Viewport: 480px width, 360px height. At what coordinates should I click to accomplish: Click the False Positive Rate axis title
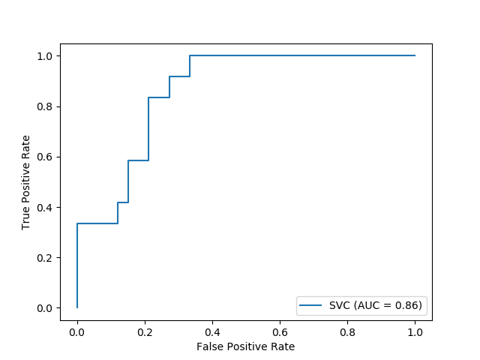point(245,346)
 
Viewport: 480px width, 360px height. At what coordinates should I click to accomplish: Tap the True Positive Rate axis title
point(25,182)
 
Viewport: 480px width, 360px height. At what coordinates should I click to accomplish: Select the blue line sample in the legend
point(311,304)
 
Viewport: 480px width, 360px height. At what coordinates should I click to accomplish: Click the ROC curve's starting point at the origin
point(77,307)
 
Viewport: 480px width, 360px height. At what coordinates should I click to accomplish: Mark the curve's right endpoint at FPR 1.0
point(415,55)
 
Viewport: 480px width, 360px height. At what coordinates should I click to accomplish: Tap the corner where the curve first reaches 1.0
point(190,55)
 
